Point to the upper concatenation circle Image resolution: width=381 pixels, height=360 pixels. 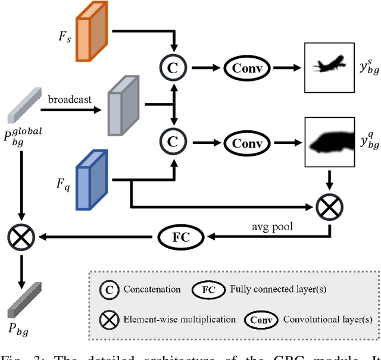point(172,68)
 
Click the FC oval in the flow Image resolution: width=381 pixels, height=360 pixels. point(180,236)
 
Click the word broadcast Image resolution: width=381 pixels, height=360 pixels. point(70,99)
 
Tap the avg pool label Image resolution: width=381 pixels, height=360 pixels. point(271,227)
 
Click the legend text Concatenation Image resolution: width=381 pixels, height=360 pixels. point(152,289)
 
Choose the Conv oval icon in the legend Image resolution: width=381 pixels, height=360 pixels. point(260,320)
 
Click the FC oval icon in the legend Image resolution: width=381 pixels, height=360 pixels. point(209,289)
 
